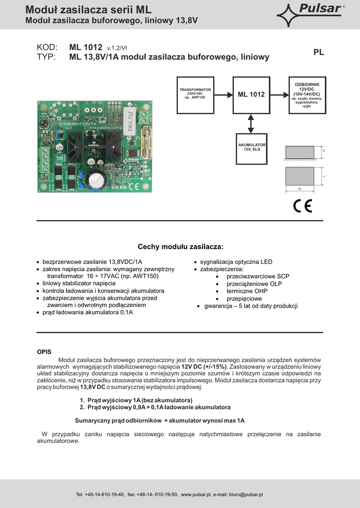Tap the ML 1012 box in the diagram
pyautogui.click(x=251, y=94)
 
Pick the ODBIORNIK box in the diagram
pyautogui.click(x=306, y=94)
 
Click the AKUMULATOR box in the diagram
pyautogui.click(x=251, y=148)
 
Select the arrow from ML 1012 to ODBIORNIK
pyautogui.click(x=279, y=94)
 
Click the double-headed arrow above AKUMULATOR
pyautogui.click(x=251, y=123)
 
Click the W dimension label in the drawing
pyautogui.click(x=299, y=189)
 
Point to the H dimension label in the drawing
pyautogui.click(x=323, y=150)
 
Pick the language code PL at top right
pyautogui.click(x=319, y=52)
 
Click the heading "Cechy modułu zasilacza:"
pyautogui.click(x=180, y=247)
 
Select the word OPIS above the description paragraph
pyautogui.click(x=44, y=351)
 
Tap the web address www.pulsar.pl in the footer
pyautogui.click(x=196, y=495)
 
